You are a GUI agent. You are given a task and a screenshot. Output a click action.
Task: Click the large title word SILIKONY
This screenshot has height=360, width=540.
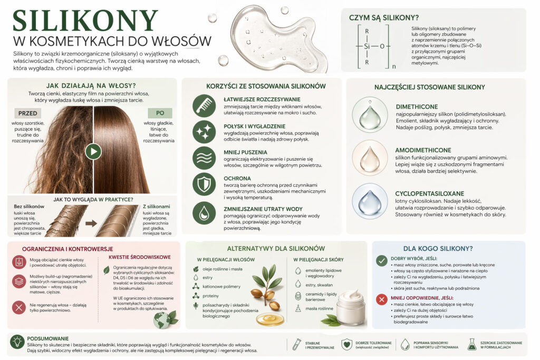[x=85, y=21]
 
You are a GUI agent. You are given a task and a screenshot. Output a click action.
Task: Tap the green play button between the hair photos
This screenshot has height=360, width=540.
[x=93, y=151]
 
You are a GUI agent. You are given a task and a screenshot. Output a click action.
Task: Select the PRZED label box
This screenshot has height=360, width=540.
[x=27, y=113]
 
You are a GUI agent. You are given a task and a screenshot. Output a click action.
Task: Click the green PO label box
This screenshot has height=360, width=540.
[x=160, y=113]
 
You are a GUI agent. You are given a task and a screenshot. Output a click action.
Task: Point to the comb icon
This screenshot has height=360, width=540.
[x=204, y=105]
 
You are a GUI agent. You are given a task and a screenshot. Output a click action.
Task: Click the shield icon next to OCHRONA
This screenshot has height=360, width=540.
[x=204, y=184]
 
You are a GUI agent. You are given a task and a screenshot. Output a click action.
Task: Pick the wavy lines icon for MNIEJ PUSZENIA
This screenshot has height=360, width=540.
[x=204, y=158]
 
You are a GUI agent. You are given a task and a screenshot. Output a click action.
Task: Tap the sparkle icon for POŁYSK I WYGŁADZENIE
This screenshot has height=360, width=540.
[x=204, y=132]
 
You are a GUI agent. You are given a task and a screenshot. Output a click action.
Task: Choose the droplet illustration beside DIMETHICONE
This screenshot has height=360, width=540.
[x=370, y=114]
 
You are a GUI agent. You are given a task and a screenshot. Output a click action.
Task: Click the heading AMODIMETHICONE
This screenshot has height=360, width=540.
[x=423, y=150]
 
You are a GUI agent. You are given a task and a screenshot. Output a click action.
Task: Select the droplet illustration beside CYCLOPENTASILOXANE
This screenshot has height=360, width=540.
[x=370, y=201]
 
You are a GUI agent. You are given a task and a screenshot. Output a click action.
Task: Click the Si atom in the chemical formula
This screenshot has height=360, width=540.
[x=367, y=46]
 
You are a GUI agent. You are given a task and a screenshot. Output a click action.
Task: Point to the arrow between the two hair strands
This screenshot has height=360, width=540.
[x=91, y=223]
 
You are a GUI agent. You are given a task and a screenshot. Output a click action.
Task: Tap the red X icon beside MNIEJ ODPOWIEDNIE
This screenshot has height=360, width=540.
[x=381, y=299]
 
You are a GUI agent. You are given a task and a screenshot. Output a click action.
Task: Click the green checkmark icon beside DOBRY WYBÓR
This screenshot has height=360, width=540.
[x=381, y=260]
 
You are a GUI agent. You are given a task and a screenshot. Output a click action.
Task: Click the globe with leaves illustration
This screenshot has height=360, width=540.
[x=165, y=319]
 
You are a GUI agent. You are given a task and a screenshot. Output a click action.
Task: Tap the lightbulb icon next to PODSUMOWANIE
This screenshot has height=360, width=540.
[x=17, y=342]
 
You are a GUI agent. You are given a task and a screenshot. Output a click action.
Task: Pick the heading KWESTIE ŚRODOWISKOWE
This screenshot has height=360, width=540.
[x=139, y=257]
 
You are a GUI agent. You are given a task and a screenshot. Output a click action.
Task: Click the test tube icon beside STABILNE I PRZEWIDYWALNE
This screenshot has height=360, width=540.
[x=296, y=344]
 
